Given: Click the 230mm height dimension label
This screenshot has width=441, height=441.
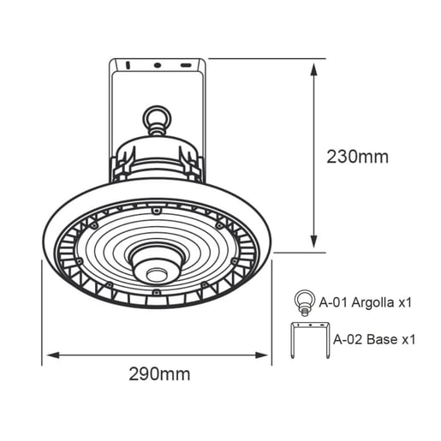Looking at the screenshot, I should pos(357,157).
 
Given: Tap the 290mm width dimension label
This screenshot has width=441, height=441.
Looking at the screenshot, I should pos(159,374).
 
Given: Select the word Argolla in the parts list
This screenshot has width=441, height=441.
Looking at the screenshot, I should pos(372,302).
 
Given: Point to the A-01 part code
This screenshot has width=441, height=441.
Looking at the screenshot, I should pos(332,302).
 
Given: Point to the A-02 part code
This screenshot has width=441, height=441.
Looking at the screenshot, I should pos(346,338).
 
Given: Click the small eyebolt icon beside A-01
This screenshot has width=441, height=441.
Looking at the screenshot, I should pos(303,301).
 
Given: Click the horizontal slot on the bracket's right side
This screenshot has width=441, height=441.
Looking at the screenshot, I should pos(186,65).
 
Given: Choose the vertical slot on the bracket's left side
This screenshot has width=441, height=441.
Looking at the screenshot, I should pos(125,65).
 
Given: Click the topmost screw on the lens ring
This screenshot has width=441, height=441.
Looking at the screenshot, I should pos(156,209).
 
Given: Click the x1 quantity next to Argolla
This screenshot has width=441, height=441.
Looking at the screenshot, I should pos(407,302).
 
